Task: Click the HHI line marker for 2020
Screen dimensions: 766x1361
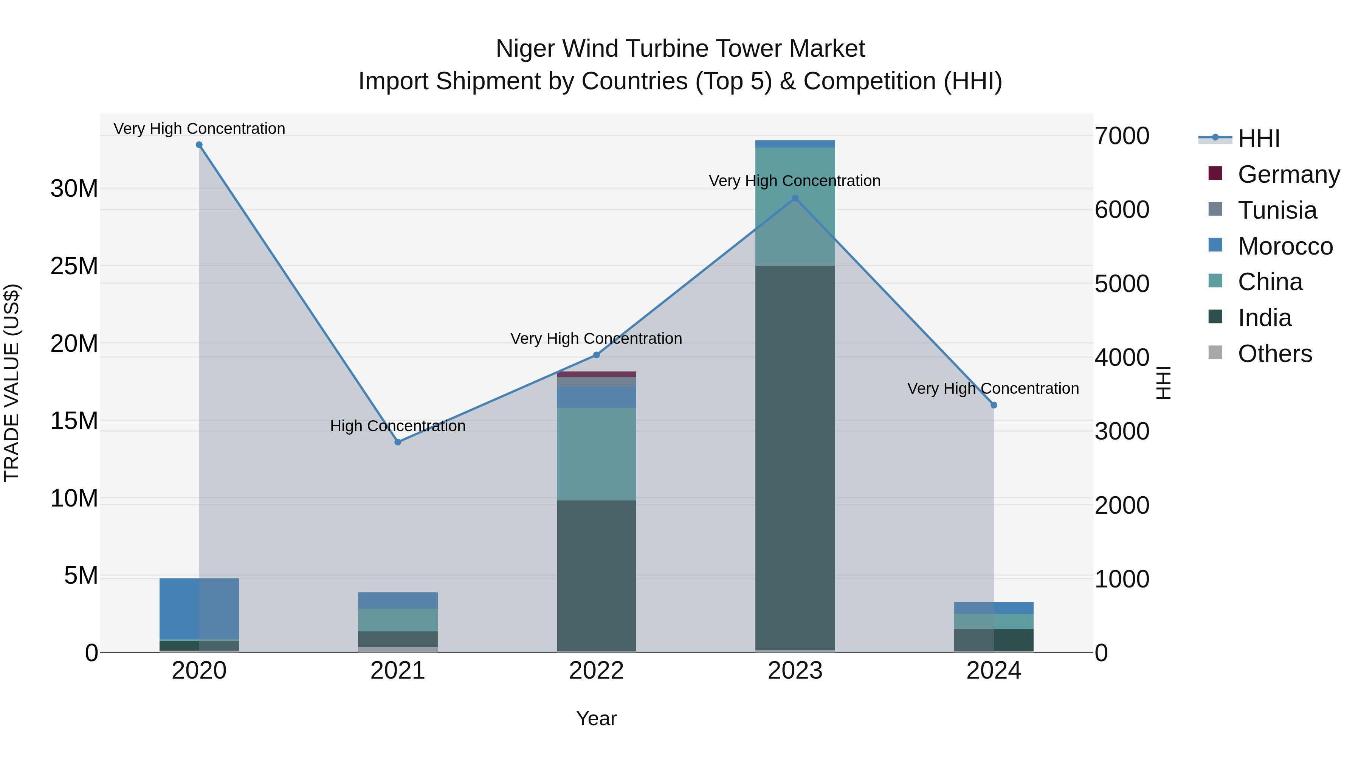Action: pyautogui.click(x=199, y=145)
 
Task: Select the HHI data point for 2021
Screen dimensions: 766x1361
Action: pyautogui.click(x=398, y=442)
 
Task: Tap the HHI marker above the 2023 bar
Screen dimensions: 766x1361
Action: pyautogui.click(x=795, y=198)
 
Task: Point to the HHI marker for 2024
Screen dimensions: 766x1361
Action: pyautogui.click(x=994, y=405)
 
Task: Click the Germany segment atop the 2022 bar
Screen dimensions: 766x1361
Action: pyautogui.click(x=597, y=374)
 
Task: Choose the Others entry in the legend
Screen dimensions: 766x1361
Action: pyautogui.click(x=1274, y=354)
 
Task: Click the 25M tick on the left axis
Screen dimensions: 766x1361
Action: pyautogui.click(x=74, y=266)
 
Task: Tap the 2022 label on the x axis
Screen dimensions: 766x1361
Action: pyautogui.click(x=597, y=671)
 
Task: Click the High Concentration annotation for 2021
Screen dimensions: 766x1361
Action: pyautogui.click(x=398, y=426)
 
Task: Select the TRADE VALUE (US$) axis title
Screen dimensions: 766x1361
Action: pyautogui.click(x=12, y=383)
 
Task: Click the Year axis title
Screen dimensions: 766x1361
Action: pyautogui.click(x=597, y=718)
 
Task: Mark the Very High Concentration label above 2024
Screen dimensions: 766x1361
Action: pyautogui.click(x=993, y=388)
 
